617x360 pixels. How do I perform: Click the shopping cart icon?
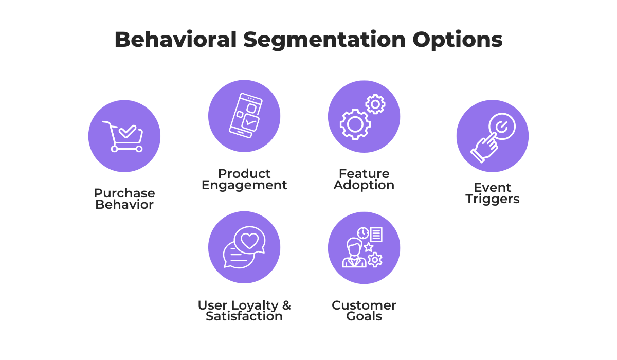pos(124,136)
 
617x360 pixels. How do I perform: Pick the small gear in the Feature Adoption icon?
pos(375,104)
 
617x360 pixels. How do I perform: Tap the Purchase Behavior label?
pos(124,199)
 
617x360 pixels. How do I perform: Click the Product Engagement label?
pos(244,179)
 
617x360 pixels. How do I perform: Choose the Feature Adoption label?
pos(364,179)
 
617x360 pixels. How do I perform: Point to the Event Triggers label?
pos(493,193)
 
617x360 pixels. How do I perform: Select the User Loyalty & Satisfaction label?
pos(244,311)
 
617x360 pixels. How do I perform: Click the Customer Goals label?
pos(364,311)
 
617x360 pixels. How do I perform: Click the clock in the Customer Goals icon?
pos(363,233)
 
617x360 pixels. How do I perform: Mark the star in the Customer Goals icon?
pos(368,247)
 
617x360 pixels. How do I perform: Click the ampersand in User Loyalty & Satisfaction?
pos(285,305)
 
